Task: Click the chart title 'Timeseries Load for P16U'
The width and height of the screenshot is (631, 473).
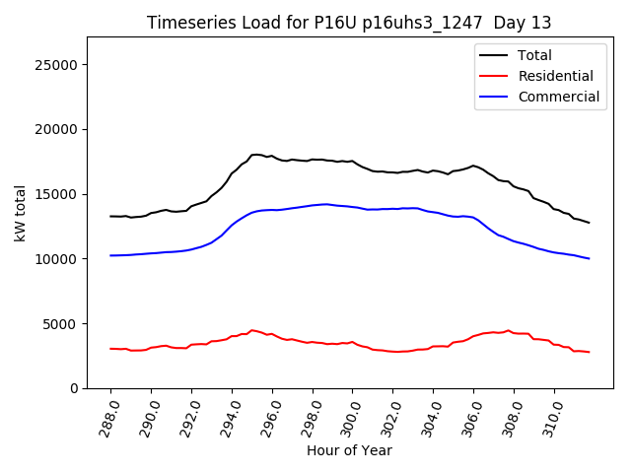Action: pyautogui.click(x=349, y=23)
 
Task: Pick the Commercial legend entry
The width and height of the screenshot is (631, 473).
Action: pyautogui.click(x=558, y=97)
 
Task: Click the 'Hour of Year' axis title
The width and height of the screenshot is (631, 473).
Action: pyautogui.click(x=349, y=450)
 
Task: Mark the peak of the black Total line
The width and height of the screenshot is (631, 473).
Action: pyautogui.click(x=256, y=155)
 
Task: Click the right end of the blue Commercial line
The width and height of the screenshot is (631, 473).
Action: pyautogui.click(x=590, y=259)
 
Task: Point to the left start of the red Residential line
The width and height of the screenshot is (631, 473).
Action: pyautogui.click(x=110, y=349)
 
